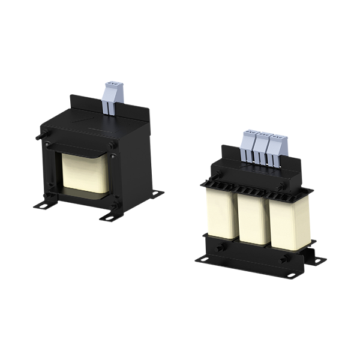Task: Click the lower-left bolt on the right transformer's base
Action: coord(218,246)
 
